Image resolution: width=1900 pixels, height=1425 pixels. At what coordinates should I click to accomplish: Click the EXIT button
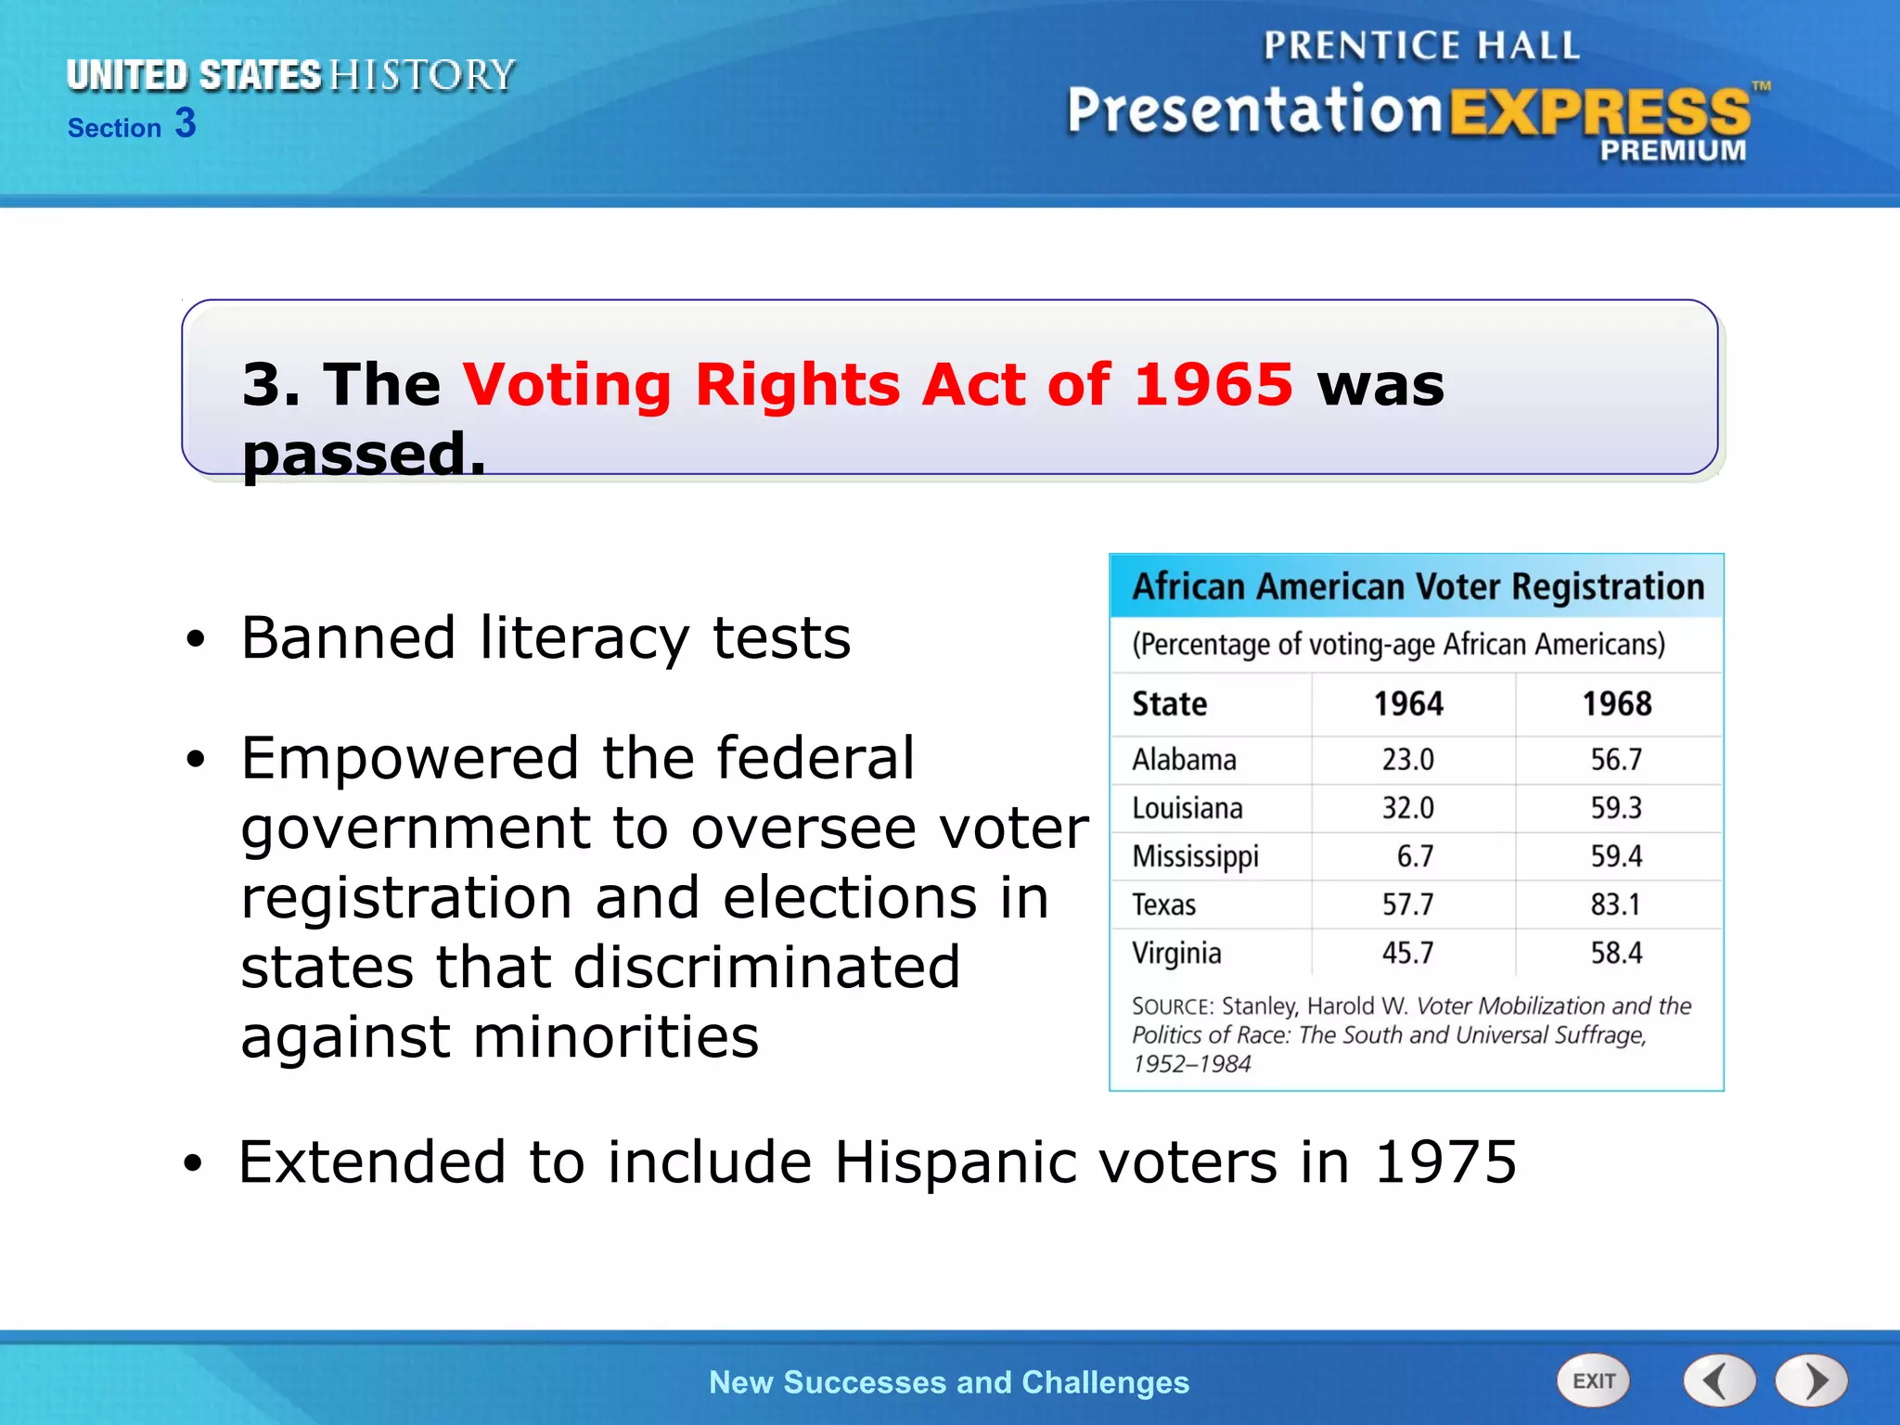(1593, 1380)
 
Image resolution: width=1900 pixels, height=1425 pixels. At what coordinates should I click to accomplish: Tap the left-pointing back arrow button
(1719, 1380)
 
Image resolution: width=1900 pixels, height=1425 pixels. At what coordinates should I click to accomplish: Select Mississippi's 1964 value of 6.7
(1415, 856)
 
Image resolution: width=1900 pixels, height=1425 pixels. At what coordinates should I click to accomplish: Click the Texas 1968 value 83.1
(1616, 905)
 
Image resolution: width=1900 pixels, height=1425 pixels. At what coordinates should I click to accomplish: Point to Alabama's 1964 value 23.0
(1407, 760)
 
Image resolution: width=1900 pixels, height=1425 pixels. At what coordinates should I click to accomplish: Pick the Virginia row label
(1176, 953)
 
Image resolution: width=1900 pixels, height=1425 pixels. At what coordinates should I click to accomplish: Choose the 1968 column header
(1617, 704)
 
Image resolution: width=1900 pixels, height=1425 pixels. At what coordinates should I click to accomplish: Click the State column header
(1170, 704)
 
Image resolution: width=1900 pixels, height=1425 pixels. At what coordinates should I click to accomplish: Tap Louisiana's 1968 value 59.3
(1616, 808)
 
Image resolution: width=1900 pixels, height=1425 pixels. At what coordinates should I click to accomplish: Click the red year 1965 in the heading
(1213, 384)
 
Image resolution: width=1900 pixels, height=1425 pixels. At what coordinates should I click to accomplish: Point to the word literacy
(584, 638)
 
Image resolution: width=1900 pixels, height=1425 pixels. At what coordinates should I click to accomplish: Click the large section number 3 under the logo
(186, 123)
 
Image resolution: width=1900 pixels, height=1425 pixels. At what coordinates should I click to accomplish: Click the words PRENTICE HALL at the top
(1420, 46)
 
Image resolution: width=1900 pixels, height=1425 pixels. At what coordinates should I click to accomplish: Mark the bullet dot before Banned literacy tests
(194, 640)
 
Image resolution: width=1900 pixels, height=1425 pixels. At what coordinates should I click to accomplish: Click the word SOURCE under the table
(1172, 1007)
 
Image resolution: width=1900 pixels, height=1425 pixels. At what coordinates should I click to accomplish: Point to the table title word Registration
(1608, 587)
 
